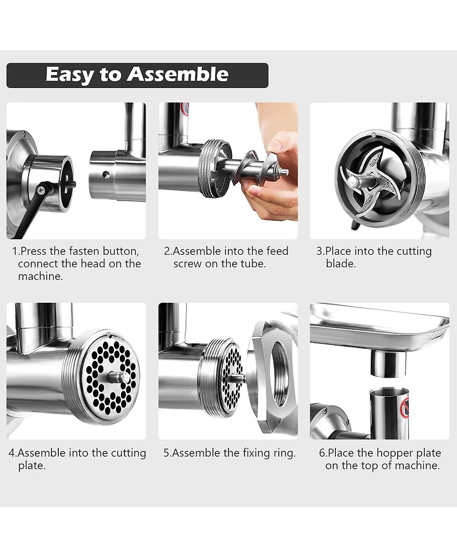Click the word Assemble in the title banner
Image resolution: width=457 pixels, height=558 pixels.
(178, 74)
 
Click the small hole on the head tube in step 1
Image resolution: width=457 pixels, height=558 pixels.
(105, 174)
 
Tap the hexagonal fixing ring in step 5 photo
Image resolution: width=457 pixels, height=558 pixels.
(274, 377)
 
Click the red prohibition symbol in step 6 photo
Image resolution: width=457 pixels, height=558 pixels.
(404, 407)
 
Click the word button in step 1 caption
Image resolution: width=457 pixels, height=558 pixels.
(121, 251)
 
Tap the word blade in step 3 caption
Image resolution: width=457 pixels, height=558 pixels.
(340, 264)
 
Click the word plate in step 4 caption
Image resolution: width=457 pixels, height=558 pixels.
(31, 465)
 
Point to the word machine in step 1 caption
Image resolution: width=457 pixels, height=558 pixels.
(40, 276)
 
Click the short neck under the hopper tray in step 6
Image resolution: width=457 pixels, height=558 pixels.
(388, 363)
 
